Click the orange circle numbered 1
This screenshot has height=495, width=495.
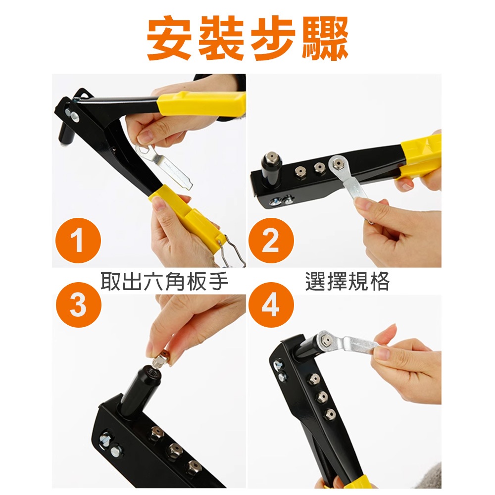[78, 241]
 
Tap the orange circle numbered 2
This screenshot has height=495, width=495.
[271, 241]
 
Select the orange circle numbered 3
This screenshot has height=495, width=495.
[78, 305]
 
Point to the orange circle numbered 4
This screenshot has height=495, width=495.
[271, 305]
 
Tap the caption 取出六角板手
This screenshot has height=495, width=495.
[164, 281]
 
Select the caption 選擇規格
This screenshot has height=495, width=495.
[347, 281]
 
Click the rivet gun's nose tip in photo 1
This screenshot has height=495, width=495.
[64, 144]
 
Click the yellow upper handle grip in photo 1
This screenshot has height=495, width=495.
[201, 104]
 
